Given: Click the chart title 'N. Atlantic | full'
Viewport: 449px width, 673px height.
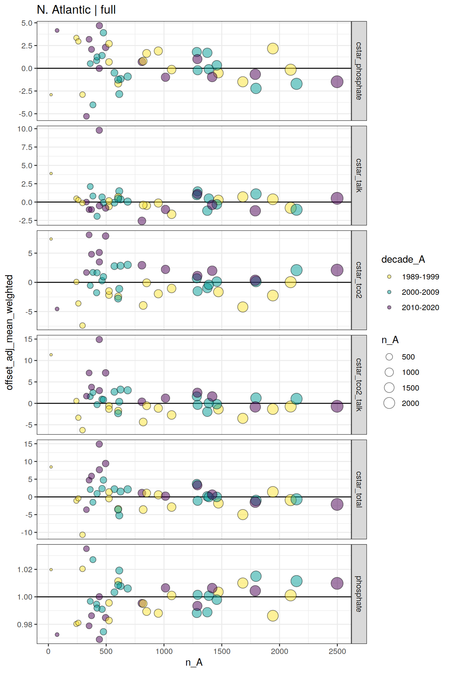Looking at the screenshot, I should (76, 10).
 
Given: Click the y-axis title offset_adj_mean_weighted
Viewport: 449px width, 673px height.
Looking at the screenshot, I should (10, 332).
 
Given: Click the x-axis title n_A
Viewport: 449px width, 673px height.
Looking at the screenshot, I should (194, 662).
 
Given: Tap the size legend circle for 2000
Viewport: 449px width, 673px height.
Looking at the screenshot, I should (389, 403).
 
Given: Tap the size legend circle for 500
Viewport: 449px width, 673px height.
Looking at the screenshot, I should (389, 357).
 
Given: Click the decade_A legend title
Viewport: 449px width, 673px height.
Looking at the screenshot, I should (403, 259).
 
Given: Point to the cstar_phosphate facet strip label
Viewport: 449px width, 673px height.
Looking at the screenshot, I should (359, 71).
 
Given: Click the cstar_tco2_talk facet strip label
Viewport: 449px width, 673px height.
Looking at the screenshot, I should (359, 385).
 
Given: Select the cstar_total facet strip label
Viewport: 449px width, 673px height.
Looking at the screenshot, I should (359, 489).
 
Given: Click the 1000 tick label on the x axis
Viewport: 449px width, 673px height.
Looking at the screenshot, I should (164, 651).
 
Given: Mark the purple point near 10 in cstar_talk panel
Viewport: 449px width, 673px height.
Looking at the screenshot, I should (99, 130).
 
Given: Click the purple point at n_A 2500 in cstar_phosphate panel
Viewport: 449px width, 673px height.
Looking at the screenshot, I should (337, 81).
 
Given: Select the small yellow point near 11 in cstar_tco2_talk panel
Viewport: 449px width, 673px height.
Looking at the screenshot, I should (51, 355).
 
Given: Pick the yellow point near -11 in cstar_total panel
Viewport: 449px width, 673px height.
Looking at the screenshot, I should (83, 535).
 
